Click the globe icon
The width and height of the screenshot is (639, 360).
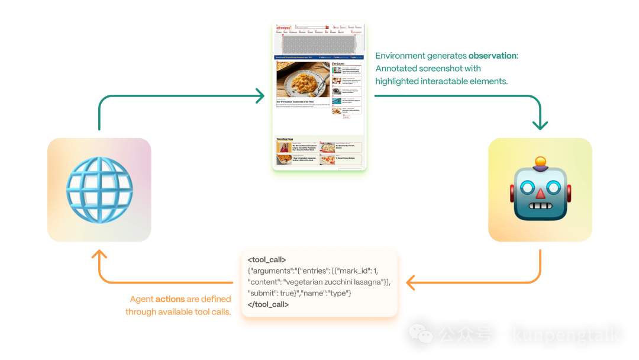tap(99, 189)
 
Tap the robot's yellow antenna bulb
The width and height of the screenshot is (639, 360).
tap(540, 161)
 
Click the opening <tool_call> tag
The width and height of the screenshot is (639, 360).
tap(267, 259)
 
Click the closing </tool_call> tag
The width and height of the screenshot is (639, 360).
tap(269, 304)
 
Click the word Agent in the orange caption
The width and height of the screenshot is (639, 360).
tap(142, 300)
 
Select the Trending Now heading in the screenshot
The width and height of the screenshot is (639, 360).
tap(285, 139)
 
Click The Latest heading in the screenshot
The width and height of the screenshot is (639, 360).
tap(338, 63)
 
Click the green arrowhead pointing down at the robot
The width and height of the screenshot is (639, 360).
tap(540, 125)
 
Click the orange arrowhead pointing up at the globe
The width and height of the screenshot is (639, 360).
tap(99, 256)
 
